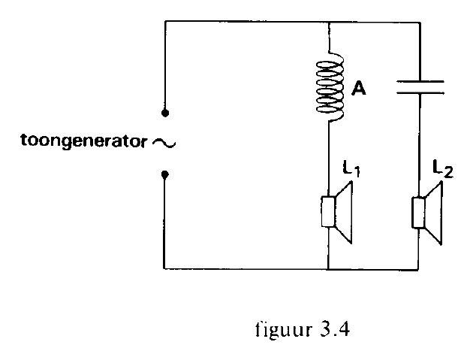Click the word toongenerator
(84, 141)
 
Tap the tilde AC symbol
(164, 143)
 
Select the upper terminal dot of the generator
(165, 113)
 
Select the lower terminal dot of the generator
(165, 174)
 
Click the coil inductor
(330, 88)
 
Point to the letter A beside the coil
(359, 89)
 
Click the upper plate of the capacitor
(420, 81)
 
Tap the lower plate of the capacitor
(420, 92)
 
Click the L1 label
(351, 168)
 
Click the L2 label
(443, 169)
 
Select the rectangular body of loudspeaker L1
(328, 211)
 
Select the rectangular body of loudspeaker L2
(418, 212)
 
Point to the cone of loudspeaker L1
(344, 212)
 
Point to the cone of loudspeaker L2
(434, 213)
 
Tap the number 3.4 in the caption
(335, 329)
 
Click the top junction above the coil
(329, 22)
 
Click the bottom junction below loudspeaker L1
(328, 268)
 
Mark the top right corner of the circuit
(420, 23)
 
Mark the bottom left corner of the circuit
(164, 268)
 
